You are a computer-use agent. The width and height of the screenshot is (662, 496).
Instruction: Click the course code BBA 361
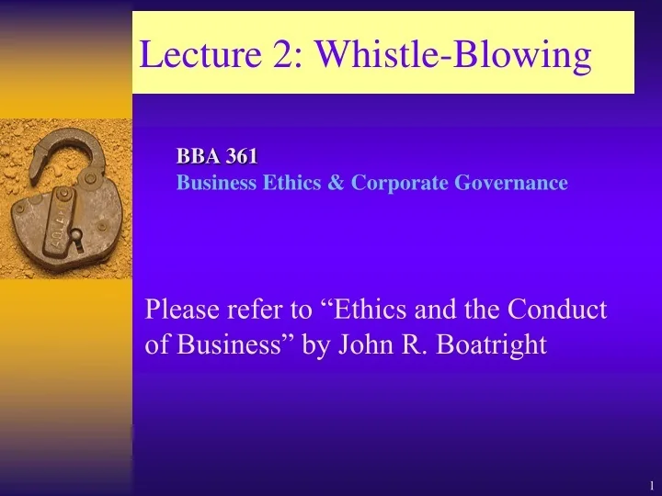[x=217, y=158]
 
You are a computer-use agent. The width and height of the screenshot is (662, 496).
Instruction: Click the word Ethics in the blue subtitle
[x=290, y=183]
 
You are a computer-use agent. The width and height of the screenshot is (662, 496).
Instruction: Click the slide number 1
[x=650, y=484]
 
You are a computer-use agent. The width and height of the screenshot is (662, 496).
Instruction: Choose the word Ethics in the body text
[x=374, y=310]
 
